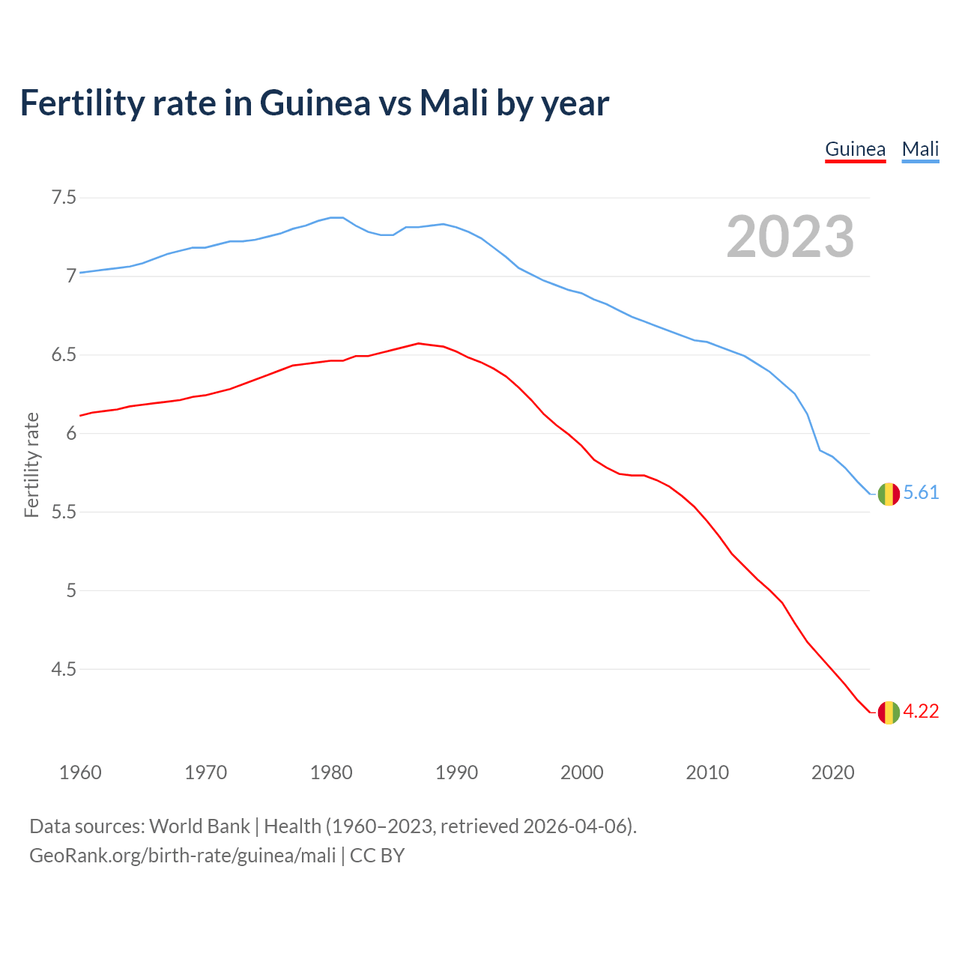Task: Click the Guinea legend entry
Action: (x=855, y=149)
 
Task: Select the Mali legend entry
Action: (x=920, y=149)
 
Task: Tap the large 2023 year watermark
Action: (x=790, y=237)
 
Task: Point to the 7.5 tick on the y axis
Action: (x=64, y=198)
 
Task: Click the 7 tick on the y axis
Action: (x=71, y=276)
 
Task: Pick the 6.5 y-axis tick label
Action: (x=64, y=354)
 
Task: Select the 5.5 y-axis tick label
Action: (x=64, y=512)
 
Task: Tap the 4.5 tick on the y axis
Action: (x=64, y=668)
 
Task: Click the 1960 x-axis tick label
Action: (x=80, y=772)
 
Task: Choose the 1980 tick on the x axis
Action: (x=331, y=772)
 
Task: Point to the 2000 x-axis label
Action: (x=581, y=772)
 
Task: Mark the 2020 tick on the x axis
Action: (x=832, y=772)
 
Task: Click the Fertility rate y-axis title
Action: (x=31, y=465)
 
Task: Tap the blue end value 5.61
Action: (x=921, y=492)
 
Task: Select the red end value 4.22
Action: (x=921, y=711)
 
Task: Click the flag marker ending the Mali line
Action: (x=889, y=494)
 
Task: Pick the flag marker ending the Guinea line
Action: (x=889, y=713)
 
